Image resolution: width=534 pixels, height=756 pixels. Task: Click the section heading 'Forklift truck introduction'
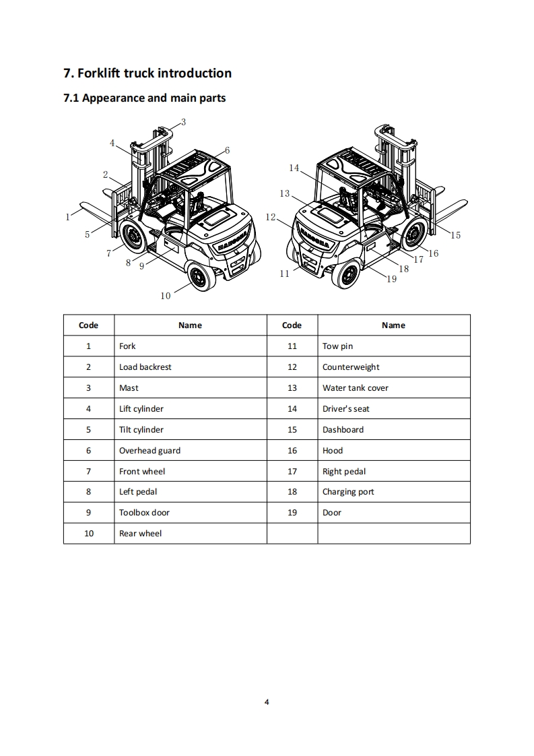147,73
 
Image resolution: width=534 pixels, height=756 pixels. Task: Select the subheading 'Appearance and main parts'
144,98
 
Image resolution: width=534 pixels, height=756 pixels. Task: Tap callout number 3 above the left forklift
183,122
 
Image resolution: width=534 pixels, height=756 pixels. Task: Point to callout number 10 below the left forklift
166,295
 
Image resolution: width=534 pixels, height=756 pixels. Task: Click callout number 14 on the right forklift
294,168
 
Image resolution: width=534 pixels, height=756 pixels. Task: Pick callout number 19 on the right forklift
392,279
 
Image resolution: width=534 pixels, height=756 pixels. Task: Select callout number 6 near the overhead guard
228,150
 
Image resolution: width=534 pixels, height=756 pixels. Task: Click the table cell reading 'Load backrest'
145,367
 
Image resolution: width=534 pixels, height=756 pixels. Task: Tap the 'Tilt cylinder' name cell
141,430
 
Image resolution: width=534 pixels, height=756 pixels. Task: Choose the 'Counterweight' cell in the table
351,367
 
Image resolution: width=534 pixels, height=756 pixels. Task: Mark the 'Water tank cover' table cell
356,388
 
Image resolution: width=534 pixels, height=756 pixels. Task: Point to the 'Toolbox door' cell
144,513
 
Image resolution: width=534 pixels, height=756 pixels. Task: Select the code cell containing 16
292,451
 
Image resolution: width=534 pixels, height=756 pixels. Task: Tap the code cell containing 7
88,472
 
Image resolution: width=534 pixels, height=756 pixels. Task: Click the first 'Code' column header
88,325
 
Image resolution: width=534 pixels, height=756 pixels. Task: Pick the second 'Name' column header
393,325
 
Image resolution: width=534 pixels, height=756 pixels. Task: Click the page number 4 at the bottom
267,702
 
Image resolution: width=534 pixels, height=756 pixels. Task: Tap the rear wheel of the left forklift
199,276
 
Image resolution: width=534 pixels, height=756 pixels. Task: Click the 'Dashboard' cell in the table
343,430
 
